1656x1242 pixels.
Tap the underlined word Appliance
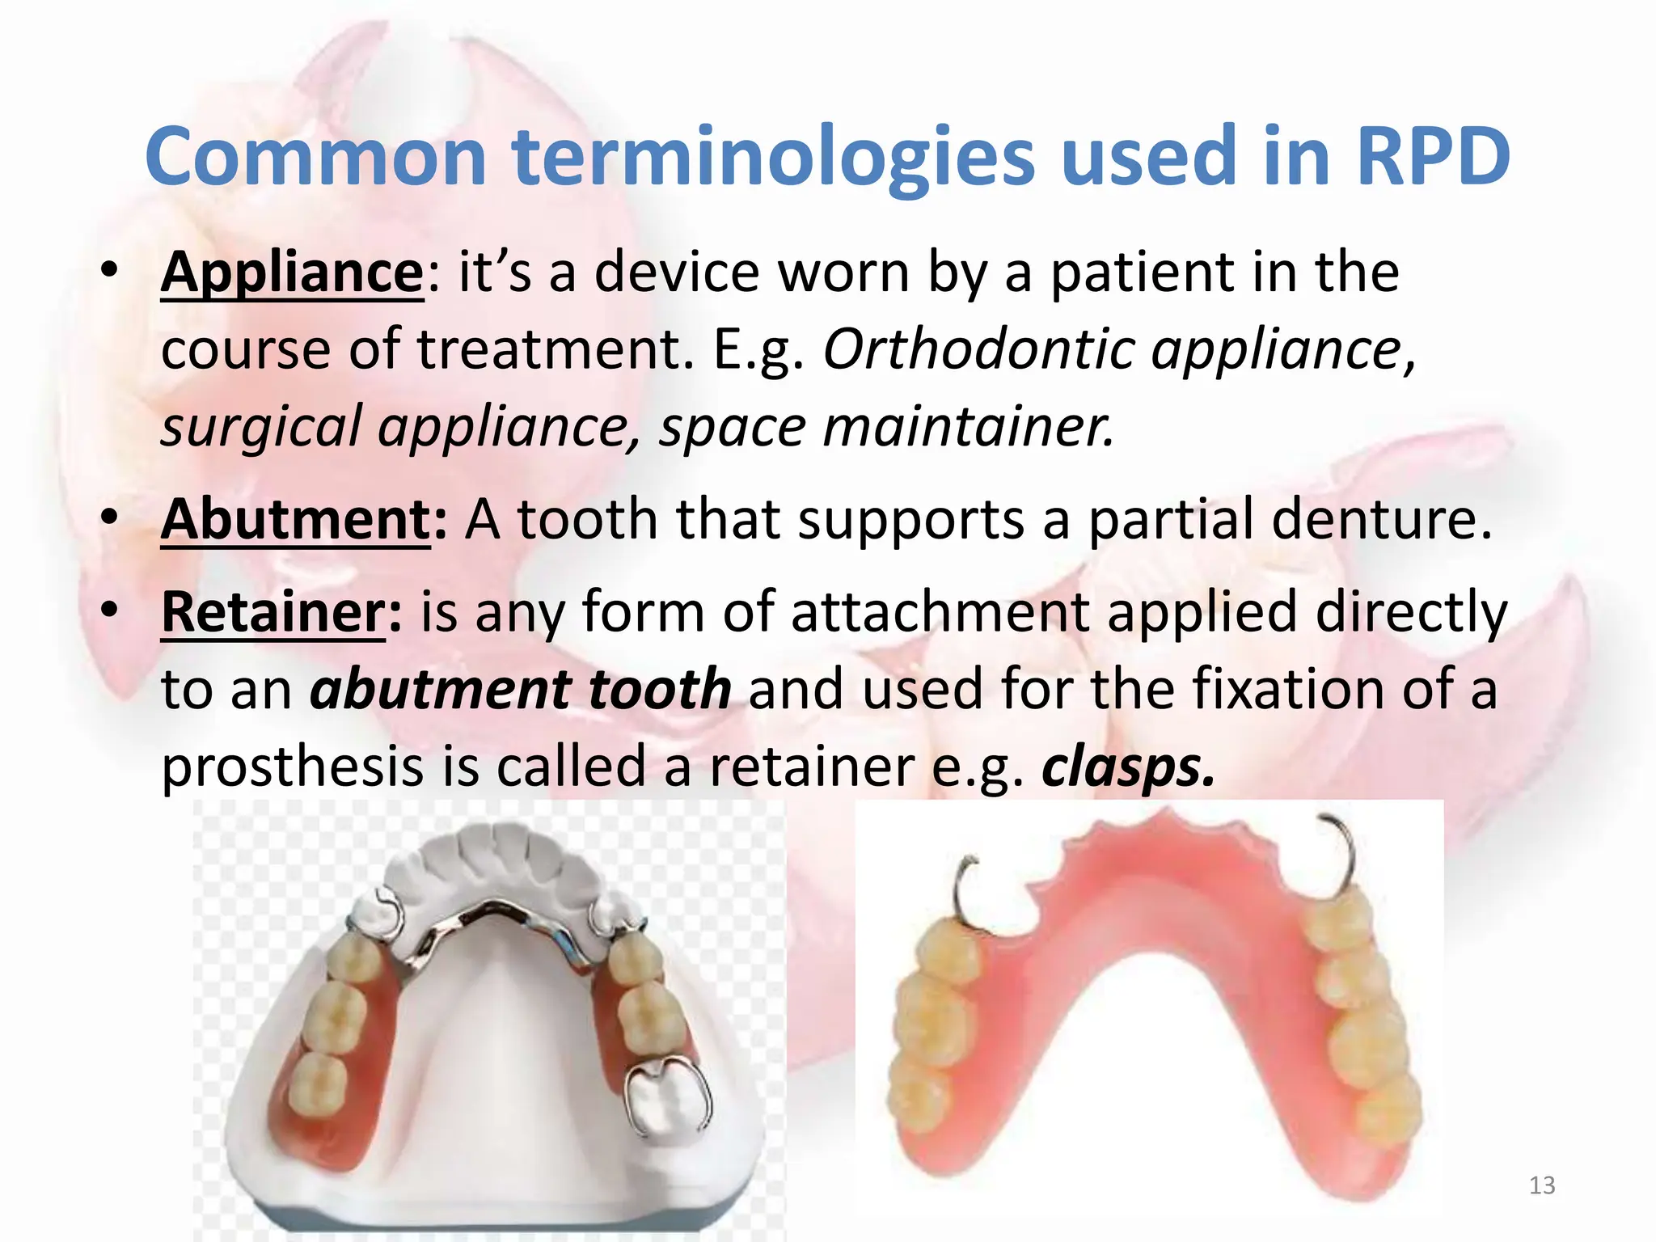pos(292,272)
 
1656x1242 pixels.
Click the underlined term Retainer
pos(274,612)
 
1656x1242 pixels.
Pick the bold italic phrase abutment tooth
pos(521,689)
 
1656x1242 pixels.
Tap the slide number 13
pos(1542,1185)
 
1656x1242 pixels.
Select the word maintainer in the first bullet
pos(968,427)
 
